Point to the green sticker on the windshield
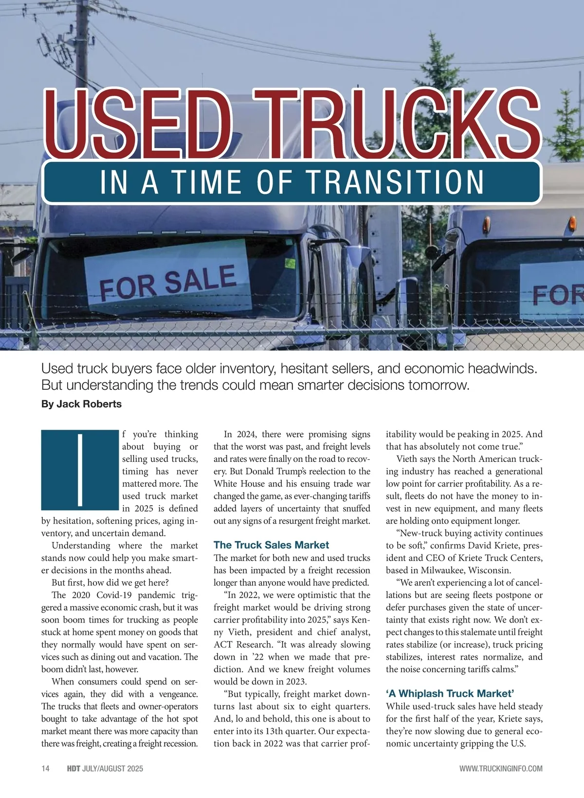290,264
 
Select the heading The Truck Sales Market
271,545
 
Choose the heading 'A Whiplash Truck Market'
450,693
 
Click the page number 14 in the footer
45,768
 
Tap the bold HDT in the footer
73,768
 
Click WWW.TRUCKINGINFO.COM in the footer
501,768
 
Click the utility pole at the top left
83,44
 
